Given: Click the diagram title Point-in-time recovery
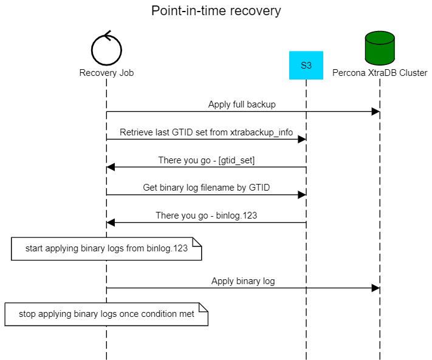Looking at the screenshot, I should point(216,11).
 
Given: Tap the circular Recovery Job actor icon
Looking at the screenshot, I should point(106,49).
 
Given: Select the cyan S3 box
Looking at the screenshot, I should point(306,65).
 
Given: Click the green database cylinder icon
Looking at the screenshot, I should point(380,49).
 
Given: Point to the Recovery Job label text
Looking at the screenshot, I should point(106,73).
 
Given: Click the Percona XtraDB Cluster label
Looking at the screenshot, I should point(380,73).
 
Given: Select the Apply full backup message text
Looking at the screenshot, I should point(242,104).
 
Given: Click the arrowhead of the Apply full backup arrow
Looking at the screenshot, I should point(375,112).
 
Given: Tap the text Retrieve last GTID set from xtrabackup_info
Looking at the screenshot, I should point(206,132).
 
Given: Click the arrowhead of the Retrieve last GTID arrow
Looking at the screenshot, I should point(301,140).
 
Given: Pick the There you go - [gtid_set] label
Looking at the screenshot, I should point(206,160).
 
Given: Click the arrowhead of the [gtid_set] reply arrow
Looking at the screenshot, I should point(111,167).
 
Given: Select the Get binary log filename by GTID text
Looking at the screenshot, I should point(206,188).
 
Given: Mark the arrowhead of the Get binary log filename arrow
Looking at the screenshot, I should point(301,195).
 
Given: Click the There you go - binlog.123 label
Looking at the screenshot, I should point(206,216).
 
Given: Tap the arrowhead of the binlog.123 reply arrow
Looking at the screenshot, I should point(111,223).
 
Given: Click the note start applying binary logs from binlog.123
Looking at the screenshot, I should point(106,249).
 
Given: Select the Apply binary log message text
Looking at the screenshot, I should point(242,281).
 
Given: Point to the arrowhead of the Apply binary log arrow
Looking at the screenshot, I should point(375,288).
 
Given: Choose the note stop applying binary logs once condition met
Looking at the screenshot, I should point(106,314).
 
